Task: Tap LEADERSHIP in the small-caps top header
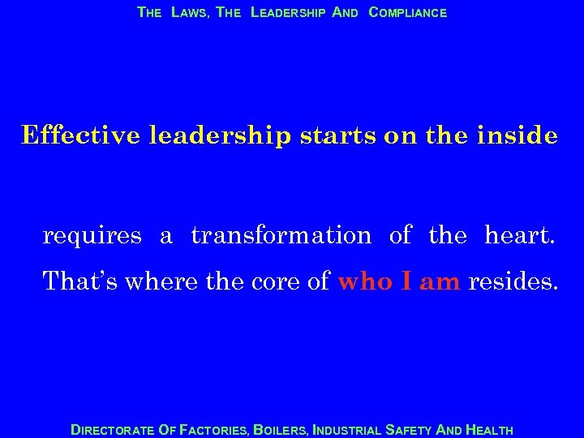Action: (289, 13)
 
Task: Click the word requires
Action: (92, 237)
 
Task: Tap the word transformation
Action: (281, 236)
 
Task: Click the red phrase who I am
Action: (399, 281)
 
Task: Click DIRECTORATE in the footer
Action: (112, 430)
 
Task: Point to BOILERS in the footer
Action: (281, 430)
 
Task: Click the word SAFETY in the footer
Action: (411, 430)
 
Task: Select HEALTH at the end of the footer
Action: (489, 430)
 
